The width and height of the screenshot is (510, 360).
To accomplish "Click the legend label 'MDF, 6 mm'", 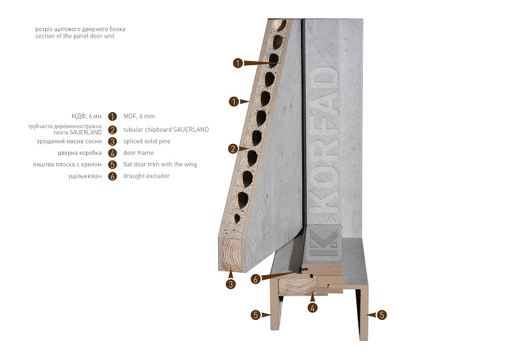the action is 139,116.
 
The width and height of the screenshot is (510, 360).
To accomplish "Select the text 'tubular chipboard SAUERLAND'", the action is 166,129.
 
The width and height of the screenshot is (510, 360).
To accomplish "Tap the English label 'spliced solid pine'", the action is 147,141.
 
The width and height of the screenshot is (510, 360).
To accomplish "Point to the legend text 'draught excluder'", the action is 147,176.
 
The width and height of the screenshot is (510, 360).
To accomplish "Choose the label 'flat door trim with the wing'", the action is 160,164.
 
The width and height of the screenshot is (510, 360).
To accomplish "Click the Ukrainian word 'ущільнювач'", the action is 85,176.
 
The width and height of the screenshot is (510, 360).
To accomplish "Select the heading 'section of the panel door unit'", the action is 75,36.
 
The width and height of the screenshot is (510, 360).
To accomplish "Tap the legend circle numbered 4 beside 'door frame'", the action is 113,153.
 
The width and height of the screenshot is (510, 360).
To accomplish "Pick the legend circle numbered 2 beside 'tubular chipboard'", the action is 113,130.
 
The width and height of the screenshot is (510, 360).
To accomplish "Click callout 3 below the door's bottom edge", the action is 231,284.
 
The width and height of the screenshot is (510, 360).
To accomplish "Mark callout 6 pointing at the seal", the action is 256,278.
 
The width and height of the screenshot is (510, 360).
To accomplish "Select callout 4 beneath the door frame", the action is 312,308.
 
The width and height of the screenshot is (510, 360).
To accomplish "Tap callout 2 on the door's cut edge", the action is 233,149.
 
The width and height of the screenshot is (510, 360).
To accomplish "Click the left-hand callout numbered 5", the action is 256,315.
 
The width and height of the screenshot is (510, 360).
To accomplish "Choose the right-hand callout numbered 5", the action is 382,315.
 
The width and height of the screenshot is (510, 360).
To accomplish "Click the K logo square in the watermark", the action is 324,243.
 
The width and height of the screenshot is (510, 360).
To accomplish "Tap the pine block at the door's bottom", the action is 231,254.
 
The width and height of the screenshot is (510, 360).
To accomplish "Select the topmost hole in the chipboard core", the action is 279,25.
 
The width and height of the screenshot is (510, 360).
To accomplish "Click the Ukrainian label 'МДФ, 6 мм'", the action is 87,117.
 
